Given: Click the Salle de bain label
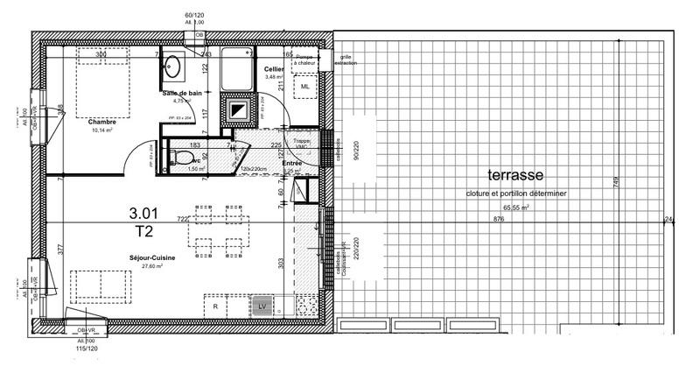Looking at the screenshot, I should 182,92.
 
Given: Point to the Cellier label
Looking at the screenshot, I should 275,69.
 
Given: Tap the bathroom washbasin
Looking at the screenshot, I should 173,66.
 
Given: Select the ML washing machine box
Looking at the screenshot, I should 305,88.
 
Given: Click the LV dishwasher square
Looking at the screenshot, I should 262,306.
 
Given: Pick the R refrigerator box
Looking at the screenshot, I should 216,306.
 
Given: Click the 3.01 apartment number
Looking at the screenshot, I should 144,212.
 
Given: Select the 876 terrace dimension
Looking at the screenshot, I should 499,219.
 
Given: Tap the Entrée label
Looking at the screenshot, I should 291,163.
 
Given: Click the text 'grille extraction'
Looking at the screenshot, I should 346,60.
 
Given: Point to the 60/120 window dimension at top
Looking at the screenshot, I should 193,15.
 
